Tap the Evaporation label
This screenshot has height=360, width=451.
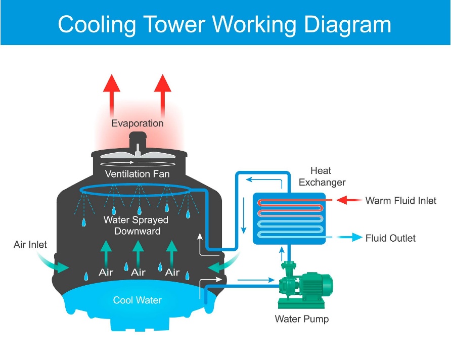click(138, 123)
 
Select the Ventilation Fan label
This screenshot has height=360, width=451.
click(137, 174)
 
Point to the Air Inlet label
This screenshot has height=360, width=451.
click(30, 245)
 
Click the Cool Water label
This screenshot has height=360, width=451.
click(137, 300)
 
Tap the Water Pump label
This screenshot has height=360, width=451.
click(301, 319)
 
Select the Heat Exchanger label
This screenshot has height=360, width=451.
click(322, 176)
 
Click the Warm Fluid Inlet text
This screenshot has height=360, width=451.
click(400, 201)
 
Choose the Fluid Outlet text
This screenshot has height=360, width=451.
click(390, 238)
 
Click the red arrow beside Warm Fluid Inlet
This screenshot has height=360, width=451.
click(348, 200)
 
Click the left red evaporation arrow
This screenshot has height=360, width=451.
click(111, 94)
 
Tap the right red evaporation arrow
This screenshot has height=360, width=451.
click(163, 94)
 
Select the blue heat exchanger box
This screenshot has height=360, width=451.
click(289, 218)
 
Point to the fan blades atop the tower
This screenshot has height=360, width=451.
click(137, 154)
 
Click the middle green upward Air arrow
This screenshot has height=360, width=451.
click(138, 253)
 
